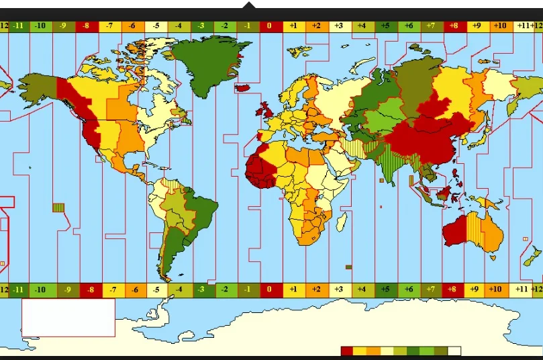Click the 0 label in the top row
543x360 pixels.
270,26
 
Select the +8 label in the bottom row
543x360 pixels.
454,289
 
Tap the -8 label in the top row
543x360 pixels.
87,26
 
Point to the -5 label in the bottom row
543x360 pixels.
156,289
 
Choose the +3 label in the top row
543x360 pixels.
339,26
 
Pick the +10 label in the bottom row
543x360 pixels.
499,289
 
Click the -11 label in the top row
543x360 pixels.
18,26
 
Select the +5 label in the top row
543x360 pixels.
385,26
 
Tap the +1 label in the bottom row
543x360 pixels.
293,289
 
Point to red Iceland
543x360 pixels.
243,87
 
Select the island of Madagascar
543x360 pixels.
343,221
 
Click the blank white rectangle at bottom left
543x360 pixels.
68,318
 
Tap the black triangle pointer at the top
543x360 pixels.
249,6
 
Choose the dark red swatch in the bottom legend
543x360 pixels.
346,351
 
